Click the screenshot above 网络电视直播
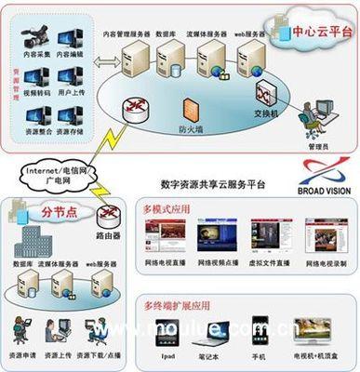(x=165, y=238)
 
